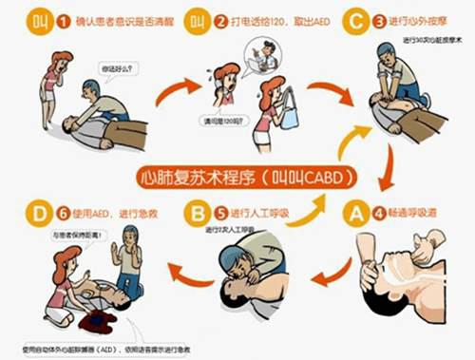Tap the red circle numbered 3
[x=380, y=19]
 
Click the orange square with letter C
[x=355, y=19]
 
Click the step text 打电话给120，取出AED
[x=271, y=19]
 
